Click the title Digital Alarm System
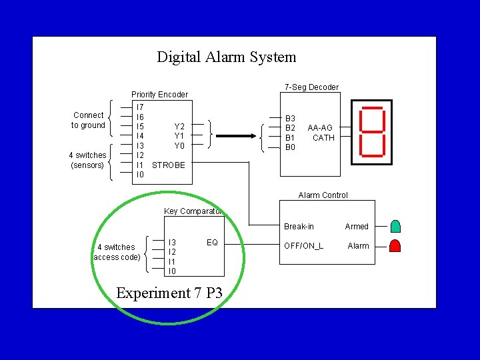pos(226,57)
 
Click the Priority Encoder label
pos(159,95)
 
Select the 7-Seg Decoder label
pos(311,87)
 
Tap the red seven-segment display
pos(371,132)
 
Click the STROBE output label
pos(169,165)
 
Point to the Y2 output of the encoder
pos(179,126)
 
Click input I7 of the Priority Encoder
pos(139,107)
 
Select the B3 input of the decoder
pos(290,117)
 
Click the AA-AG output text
pos(321,127)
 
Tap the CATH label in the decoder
pos(323,138)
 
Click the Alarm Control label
pos(323,195)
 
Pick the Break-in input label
pos(299,227)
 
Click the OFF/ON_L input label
pos(303,246)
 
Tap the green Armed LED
pos(395,227)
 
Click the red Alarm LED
pos(395,245)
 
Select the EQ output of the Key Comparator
pos(212,243)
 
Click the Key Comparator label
pos(193,211)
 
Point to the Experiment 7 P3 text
pos(169,293)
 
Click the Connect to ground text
pos(89,120)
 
